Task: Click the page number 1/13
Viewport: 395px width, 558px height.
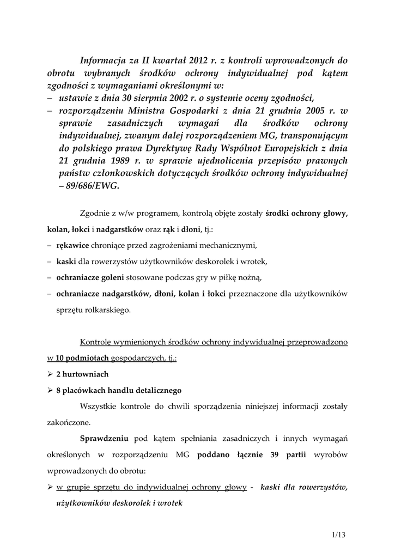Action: coord(338,535)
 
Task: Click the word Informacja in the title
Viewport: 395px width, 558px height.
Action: coord(104,60)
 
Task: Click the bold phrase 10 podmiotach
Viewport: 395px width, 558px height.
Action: coord(81,359)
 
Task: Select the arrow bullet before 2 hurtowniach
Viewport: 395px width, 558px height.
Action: coord(50,374)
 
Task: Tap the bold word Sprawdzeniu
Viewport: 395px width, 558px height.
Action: coord(104,438)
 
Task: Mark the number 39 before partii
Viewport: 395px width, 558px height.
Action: coord(275,454)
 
